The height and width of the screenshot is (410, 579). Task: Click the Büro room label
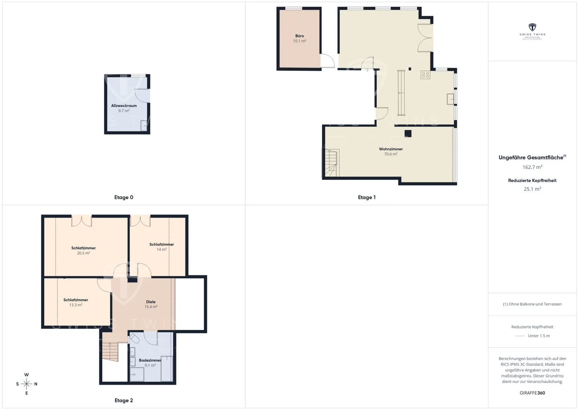coord(300,38)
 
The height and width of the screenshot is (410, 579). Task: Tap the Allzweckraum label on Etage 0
coord(124,108)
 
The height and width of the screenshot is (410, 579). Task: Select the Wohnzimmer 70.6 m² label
coord(391,151)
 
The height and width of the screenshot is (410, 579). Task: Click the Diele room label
coord(151,304)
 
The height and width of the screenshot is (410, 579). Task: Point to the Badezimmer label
coord(150,363)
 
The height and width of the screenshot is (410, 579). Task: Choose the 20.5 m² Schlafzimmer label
coord(84,250)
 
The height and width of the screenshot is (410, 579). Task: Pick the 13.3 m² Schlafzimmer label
coord(76,302)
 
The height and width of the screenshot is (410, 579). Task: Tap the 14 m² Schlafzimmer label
coord(162,247)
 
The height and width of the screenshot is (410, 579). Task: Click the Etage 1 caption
coord(367,197)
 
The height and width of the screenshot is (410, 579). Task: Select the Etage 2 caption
coord(123,400)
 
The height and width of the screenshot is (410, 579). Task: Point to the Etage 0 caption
coord(123,197)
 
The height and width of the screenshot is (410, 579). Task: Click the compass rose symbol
coord(27,384)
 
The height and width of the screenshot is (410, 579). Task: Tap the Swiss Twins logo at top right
coord(532,30)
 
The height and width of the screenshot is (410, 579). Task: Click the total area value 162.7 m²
coord(532,167)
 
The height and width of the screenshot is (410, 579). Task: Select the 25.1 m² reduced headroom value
coord(532,189)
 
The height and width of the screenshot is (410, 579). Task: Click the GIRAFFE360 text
coord(532,393)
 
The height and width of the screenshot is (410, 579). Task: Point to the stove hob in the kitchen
coord(425,74)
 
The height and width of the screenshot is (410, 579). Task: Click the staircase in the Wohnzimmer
coord(331,163)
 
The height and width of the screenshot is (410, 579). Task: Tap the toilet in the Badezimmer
coord(134,339)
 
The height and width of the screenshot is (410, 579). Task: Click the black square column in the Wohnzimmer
coord(408,134)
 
